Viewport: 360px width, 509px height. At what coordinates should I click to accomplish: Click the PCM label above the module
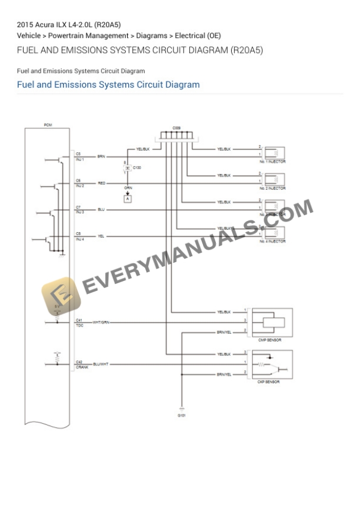point(47,125)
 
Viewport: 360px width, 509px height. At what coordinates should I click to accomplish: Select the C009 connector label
point(176,128)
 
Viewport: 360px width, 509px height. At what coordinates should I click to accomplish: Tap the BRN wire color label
point(101,156)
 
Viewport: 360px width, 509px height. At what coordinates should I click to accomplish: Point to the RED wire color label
point(101,183)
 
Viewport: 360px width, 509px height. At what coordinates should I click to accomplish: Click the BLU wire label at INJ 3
point(101,210)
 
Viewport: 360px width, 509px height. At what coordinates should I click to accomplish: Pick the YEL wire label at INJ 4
point(101,236)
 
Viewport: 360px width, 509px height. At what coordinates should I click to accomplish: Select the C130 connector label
point(137,168)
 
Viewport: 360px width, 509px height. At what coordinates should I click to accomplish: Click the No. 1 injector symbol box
point(274,152)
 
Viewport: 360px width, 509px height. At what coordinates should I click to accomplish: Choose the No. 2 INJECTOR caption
point(273,189)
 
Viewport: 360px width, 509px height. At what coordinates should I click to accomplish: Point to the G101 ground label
point(181,416)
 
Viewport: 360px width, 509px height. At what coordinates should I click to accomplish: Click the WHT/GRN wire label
point(101,322)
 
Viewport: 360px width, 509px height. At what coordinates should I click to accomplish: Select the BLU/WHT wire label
point(101,364)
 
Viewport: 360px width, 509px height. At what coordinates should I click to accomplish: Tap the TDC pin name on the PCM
point(79,325)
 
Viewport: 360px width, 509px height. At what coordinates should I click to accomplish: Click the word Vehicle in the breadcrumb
point(29,36)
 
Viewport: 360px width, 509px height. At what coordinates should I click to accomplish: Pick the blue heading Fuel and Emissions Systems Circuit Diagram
point(108,85)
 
